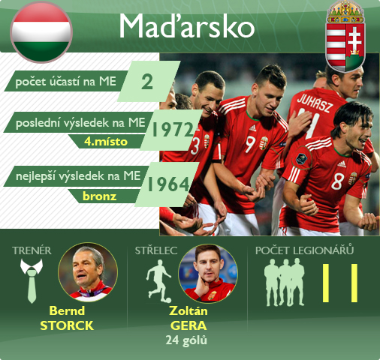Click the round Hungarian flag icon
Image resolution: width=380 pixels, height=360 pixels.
click(41, 32)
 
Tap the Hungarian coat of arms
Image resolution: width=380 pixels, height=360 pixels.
click(345, 37)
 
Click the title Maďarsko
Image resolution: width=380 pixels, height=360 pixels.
click(187, 25)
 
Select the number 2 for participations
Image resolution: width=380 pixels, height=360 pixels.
click(147, 82)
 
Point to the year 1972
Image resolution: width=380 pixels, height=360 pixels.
click(173, 130)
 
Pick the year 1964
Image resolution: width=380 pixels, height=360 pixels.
click(168, 184)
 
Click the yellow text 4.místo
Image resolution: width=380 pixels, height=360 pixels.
click(106, 142)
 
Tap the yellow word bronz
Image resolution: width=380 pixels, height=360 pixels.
click(100, 196)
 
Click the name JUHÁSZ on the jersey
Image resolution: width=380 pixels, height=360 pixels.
click(315, 103)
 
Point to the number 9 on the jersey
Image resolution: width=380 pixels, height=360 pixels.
click(250, 145)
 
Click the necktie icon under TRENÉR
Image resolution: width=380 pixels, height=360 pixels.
click(32, 280)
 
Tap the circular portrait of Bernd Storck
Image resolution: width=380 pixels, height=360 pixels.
click(88, 272)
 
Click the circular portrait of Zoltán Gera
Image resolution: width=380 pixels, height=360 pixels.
click(208, 273)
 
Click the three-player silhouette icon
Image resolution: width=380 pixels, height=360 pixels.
click(285, 282)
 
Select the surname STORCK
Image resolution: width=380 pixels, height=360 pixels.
click(67, 325)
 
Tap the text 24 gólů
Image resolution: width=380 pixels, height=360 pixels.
click(186, 340)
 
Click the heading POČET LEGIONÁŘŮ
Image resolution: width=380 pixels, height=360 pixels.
click(305, 250)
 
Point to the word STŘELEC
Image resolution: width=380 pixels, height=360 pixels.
click(156, 250)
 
